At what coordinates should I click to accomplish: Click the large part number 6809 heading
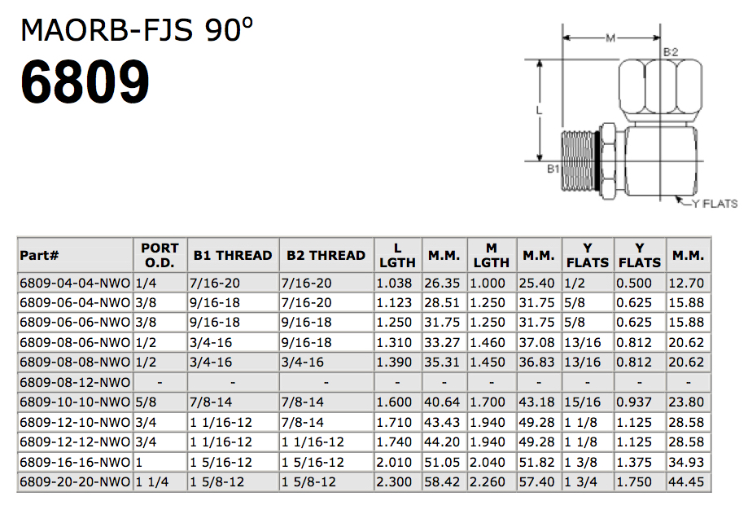pos(85,82)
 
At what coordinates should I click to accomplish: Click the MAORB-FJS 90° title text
pos(137,29)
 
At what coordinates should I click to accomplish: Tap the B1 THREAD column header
pos(233,256)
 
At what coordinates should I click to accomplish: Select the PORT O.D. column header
pos(160,256)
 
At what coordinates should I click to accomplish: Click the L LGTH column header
pos(397,256)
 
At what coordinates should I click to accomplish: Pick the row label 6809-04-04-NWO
pos(75,284)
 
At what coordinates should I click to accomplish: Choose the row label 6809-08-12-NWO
pos(75,383)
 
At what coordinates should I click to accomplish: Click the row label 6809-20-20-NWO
pos(75,481)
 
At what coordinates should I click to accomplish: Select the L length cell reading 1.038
pos(394,284)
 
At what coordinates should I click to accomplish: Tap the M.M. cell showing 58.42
pos(442,481)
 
